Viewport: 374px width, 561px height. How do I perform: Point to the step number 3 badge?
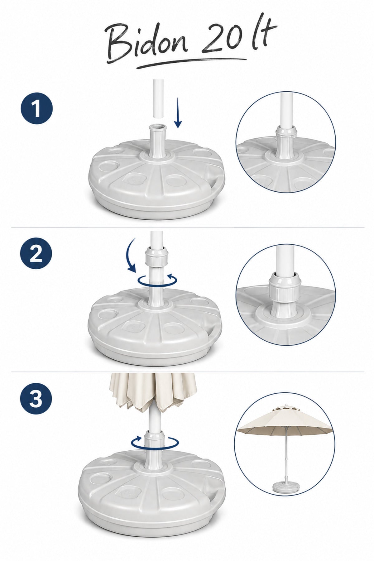(37, 399)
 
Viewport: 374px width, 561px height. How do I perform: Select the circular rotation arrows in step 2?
(157, 280)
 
